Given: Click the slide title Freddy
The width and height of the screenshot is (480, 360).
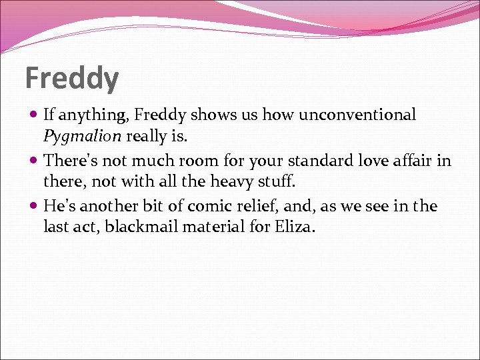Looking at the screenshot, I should (x=72, y=79).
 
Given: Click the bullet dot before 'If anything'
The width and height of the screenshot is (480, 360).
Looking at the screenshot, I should (x=34, y=115).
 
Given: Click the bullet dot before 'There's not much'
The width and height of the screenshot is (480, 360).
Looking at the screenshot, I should (x=34, y=161).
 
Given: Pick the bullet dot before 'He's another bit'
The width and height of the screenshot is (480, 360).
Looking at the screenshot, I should (x=34, y=207).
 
